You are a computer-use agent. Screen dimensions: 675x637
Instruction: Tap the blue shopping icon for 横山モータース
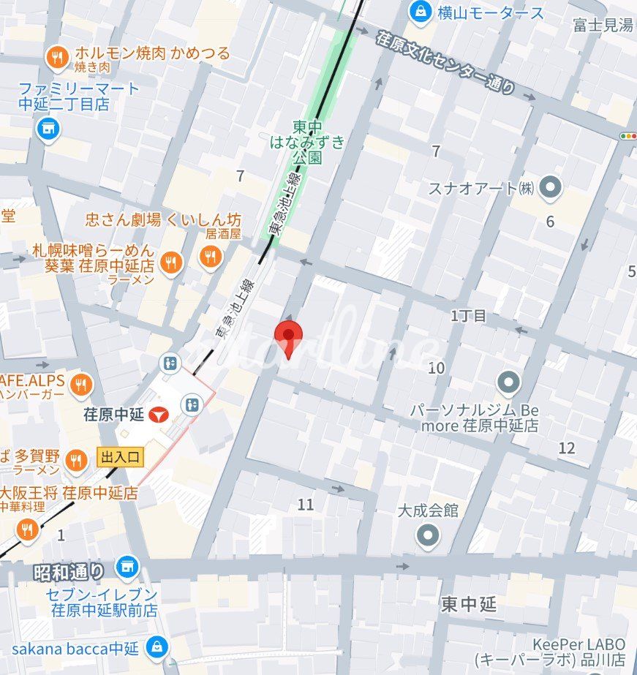[x=421, y=11]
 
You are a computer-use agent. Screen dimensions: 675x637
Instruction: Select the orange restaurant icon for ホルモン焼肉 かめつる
[x=57, y=56]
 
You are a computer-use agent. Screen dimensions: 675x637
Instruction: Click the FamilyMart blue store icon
[x=48, y=128]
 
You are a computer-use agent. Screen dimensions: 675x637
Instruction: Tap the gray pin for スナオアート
[x=549, y=188]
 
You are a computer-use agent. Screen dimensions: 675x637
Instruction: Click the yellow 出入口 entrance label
[x=121, y=458]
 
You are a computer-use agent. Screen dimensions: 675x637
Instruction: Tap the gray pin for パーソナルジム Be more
[x=508, y=382]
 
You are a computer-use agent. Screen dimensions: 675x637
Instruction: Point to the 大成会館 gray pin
[x=428, y=536]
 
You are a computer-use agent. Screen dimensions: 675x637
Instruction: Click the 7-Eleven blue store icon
[x=127, y=565]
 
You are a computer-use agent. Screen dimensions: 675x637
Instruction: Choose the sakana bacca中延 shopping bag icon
[x=156, y=646]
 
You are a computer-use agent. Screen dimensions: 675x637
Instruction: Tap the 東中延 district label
[x=468, y=604]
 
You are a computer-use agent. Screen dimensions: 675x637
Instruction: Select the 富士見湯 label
[x=603, y=26]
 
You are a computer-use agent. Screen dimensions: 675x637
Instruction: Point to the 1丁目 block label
[x=468, y=316]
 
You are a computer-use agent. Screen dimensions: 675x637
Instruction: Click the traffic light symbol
[x=627, y=135]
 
